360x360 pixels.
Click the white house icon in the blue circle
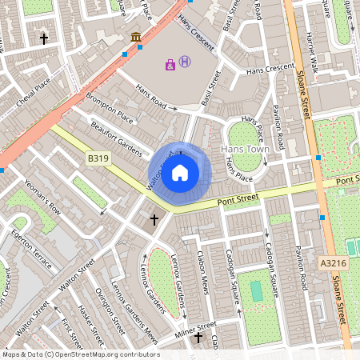180,173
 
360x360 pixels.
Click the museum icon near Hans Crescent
135,38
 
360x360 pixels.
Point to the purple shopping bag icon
170,64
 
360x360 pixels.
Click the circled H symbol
185,62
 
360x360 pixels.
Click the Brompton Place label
111,111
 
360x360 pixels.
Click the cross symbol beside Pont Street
154,219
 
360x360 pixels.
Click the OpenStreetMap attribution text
81,354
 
